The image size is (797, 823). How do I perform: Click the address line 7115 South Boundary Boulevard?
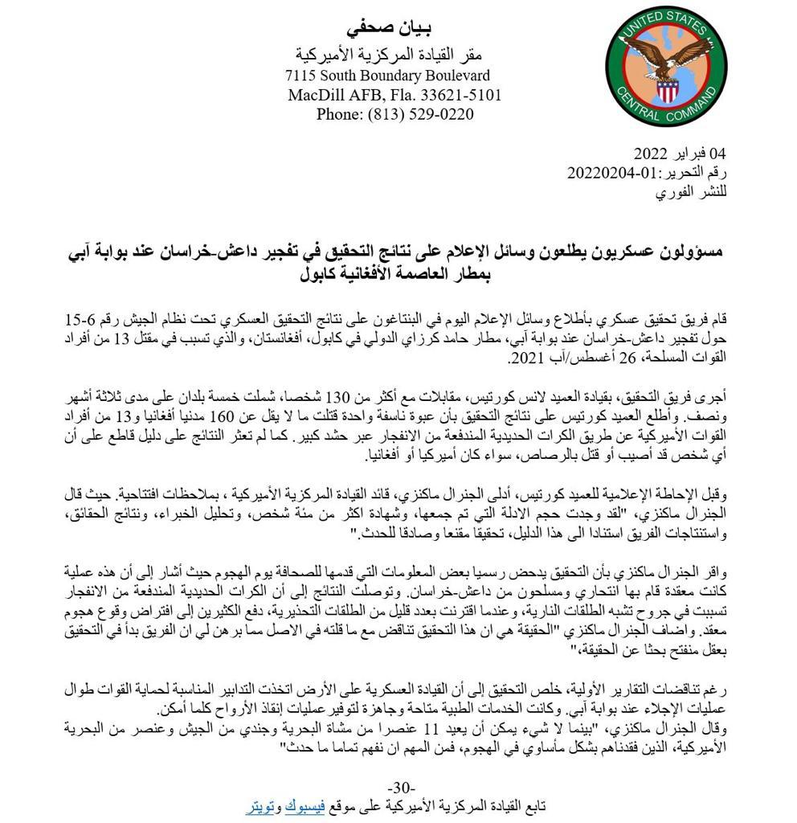click(387, 76)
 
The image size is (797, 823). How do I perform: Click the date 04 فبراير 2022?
click(679, 153)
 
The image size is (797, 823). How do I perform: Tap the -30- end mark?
click(400, 787)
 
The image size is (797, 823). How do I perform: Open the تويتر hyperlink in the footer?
click(261, 805)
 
